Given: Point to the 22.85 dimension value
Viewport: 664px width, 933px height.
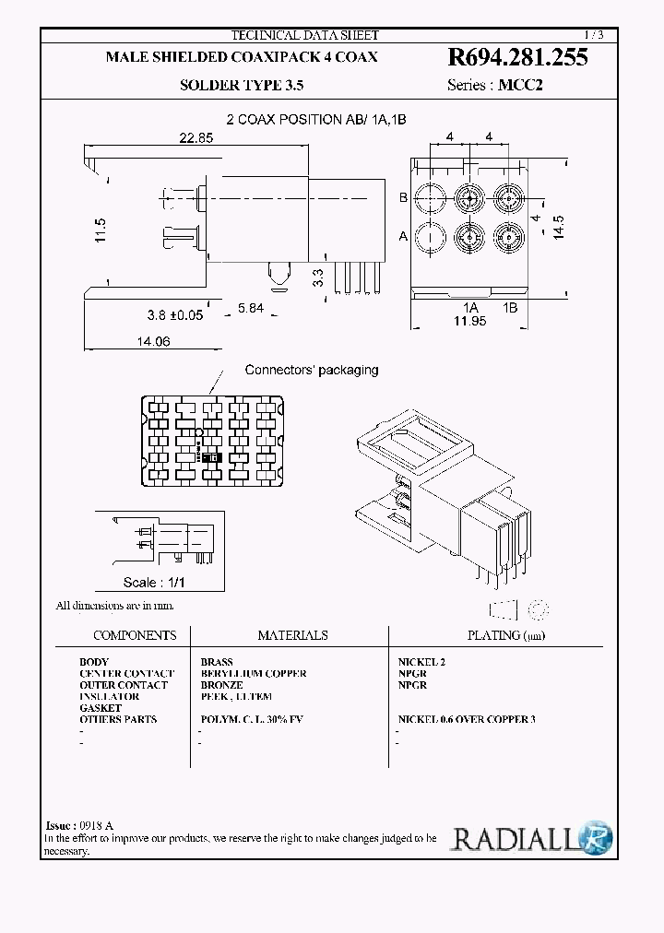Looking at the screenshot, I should point(196,138).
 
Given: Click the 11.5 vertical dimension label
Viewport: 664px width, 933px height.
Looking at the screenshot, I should point(101,230).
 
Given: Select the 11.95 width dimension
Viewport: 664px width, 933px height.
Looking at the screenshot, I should point(468,320).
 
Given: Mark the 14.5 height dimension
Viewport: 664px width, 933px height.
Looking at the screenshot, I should point(557,226).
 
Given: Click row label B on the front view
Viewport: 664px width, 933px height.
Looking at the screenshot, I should point(403,197).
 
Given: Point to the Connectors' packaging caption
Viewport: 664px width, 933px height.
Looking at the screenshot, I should point(311,370).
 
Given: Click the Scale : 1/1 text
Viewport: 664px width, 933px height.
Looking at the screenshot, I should point(155,583).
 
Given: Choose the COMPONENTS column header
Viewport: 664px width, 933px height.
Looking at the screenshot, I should point(135,635).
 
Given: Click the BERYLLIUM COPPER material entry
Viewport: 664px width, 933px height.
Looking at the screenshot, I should point(253,674).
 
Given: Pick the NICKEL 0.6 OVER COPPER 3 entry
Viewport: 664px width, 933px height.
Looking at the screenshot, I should point(466,719).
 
